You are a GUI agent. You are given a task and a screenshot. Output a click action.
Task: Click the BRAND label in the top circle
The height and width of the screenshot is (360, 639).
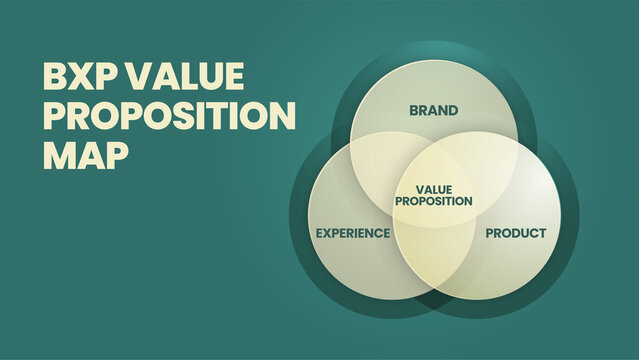click(x=434, y=110)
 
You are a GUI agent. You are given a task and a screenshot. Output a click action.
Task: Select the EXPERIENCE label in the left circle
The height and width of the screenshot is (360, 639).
click(x=353, y=233)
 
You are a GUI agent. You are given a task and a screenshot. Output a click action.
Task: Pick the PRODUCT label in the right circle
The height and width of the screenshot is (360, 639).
click(x=516, y=233)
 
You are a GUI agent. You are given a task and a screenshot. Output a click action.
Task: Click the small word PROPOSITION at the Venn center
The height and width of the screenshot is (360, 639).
click(x=434, y=201)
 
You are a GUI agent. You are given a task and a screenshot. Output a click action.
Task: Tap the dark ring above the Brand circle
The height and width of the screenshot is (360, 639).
click(x=434, y=50)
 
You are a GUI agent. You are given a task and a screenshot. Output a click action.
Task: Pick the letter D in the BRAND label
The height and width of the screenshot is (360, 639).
click(x=454, y=110)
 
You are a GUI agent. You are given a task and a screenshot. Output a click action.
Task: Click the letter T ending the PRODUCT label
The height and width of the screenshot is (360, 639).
click(x=542, y=233)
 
